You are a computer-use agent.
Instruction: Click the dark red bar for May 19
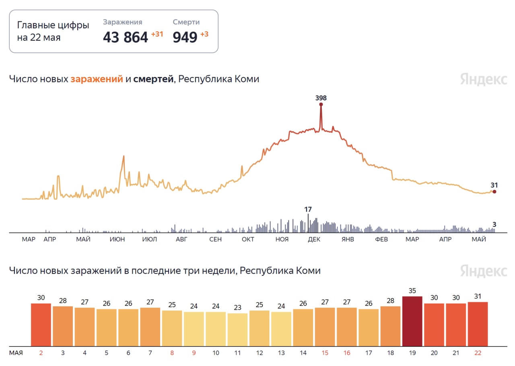(412, 321)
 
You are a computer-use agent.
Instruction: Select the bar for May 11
(237, 329)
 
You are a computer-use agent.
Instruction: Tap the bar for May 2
(41, 325)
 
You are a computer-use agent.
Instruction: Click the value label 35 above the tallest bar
(412, 291)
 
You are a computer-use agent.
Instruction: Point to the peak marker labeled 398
(321, 104)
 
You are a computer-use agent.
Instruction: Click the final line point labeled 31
(494, 192)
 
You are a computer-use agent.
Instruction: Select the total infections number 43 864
(126, 37)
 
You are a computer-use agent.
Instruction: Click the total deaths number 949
(185, 37)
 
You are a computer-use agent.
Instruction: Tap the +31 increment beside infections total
(157, 34)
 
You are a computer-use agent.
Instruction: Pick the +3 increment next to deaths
(204, 34)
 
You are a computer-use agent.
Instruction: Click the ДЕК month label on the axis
(314, 240)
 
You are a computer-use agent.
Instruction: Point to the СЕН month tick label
(215, 240)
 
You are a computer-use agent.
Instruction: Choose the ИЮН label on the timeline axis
(117, 240)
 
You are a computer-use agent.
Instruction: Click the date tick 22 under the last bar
(478, 353)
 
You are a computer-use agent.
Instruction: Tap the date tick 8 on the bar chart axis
(172, 353)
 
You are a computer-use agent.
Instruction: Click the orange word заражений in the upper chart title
(97, 79)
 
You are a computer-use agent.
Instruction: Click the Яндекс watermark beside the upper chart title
(484, 79)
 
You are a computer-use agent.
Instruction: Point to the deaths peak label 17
(308, 209)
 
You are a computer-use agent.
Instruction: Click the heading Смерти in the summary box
(186, 22)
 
